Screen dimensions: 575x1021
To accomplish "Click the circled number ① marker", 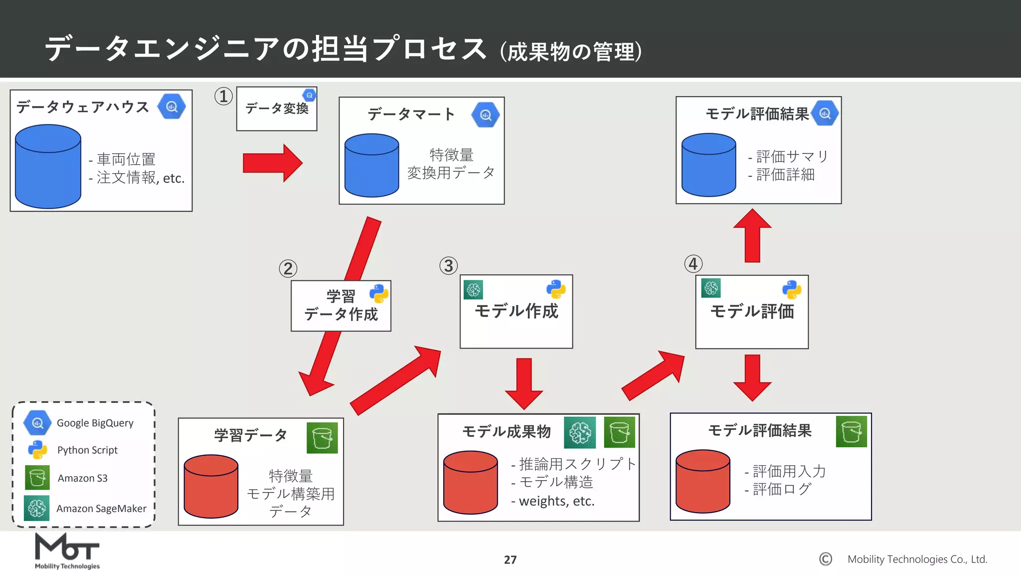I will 223,96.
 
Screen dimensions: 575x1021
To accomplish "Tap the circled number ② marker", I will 288,269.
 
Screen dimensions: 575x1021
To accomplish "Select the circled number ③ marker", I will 448,266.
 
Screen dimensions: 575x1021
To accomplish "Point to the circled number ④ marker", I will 693,264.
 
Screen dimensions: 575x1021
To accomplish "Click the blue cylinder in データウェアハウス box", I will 48,167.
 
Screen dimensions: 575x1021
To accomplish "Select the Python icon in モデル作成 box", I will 556,289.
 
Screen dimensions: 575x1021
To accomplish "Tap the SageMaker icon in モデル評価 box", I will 711,288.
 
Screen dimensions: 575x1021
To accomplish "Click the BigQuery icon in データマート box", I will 486,115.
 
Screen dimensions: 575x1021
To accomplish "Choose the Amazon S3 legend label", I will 83,478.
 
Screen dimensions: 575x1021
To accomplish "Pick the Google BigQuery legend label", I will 95,423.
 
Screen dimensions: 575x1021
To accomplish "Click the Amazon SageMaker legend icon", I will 37,508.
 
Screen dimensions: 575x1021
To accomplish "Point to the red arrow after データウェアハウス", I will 272,163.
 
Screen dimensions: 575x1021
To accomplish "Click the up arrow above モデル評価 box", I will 752,235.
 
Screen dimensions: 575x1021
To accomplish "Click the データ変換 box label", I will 277,108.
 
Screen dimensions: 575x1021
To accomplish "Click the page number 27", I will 510,560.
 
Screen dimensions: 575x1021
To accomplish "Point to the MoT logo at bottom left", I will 67,551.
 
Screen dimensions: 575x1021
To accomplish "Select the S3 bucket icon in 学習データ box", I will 322,438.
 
